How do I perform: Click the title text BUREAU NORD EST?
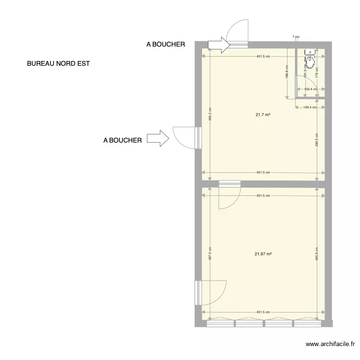59,63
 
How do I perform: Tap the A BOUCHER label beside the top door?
166,44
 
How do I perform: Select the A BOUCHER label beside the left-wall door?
122,140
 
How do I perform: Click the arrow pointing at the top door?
219,45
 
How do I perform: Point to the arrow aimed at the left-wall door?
157,139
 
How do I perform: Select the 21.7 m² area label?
263,115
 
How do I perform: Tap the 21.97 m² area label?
263,254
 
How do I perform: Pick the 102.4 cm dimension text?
312,89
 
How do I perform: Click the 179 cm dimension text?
317,72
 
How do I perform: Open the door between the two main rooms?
229,194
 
